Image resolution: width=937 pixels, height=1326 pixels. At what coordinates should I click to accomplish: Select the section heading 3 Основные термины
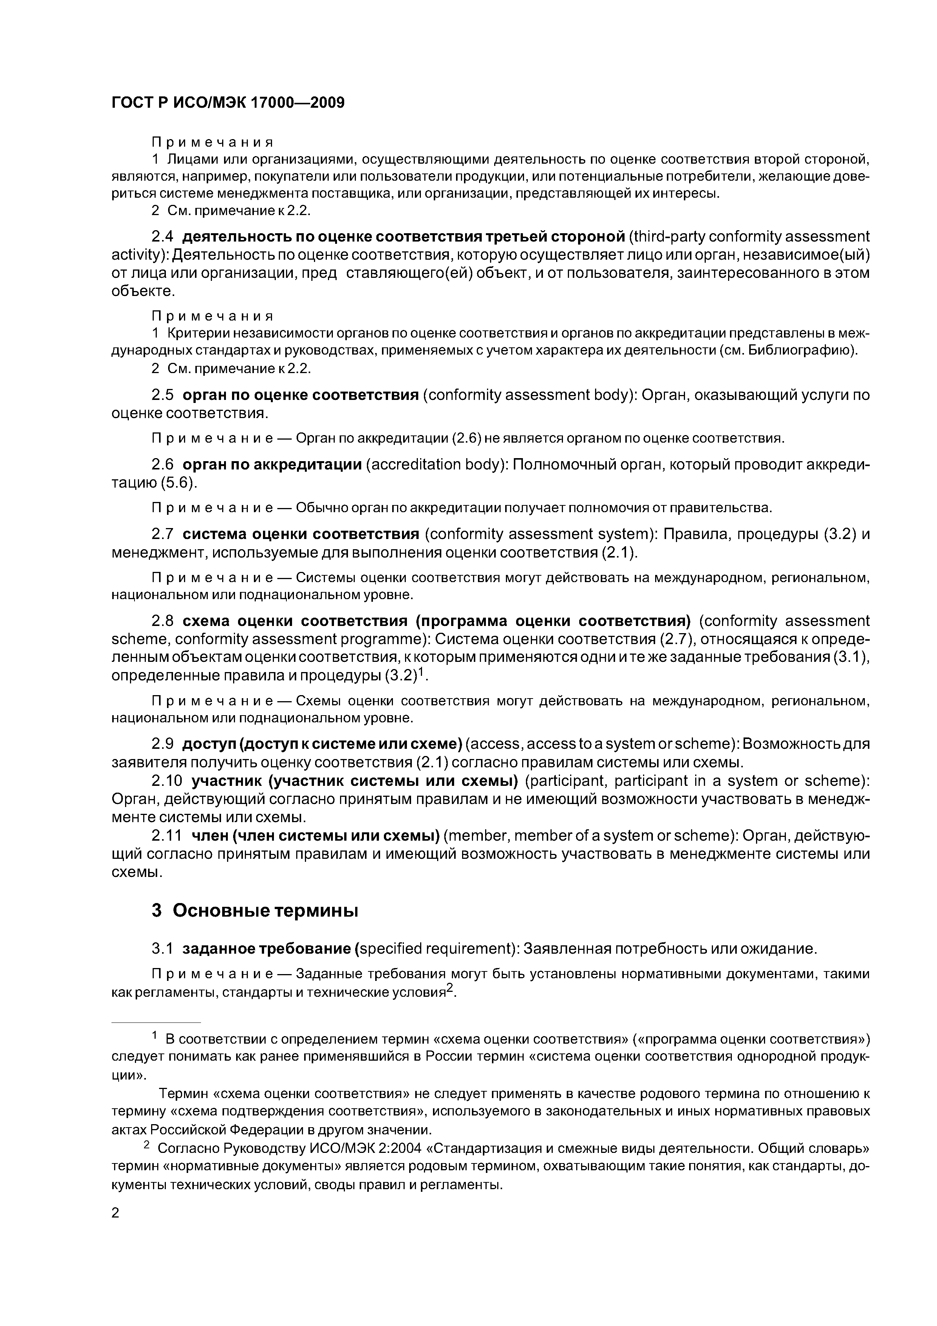(255, 911)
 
